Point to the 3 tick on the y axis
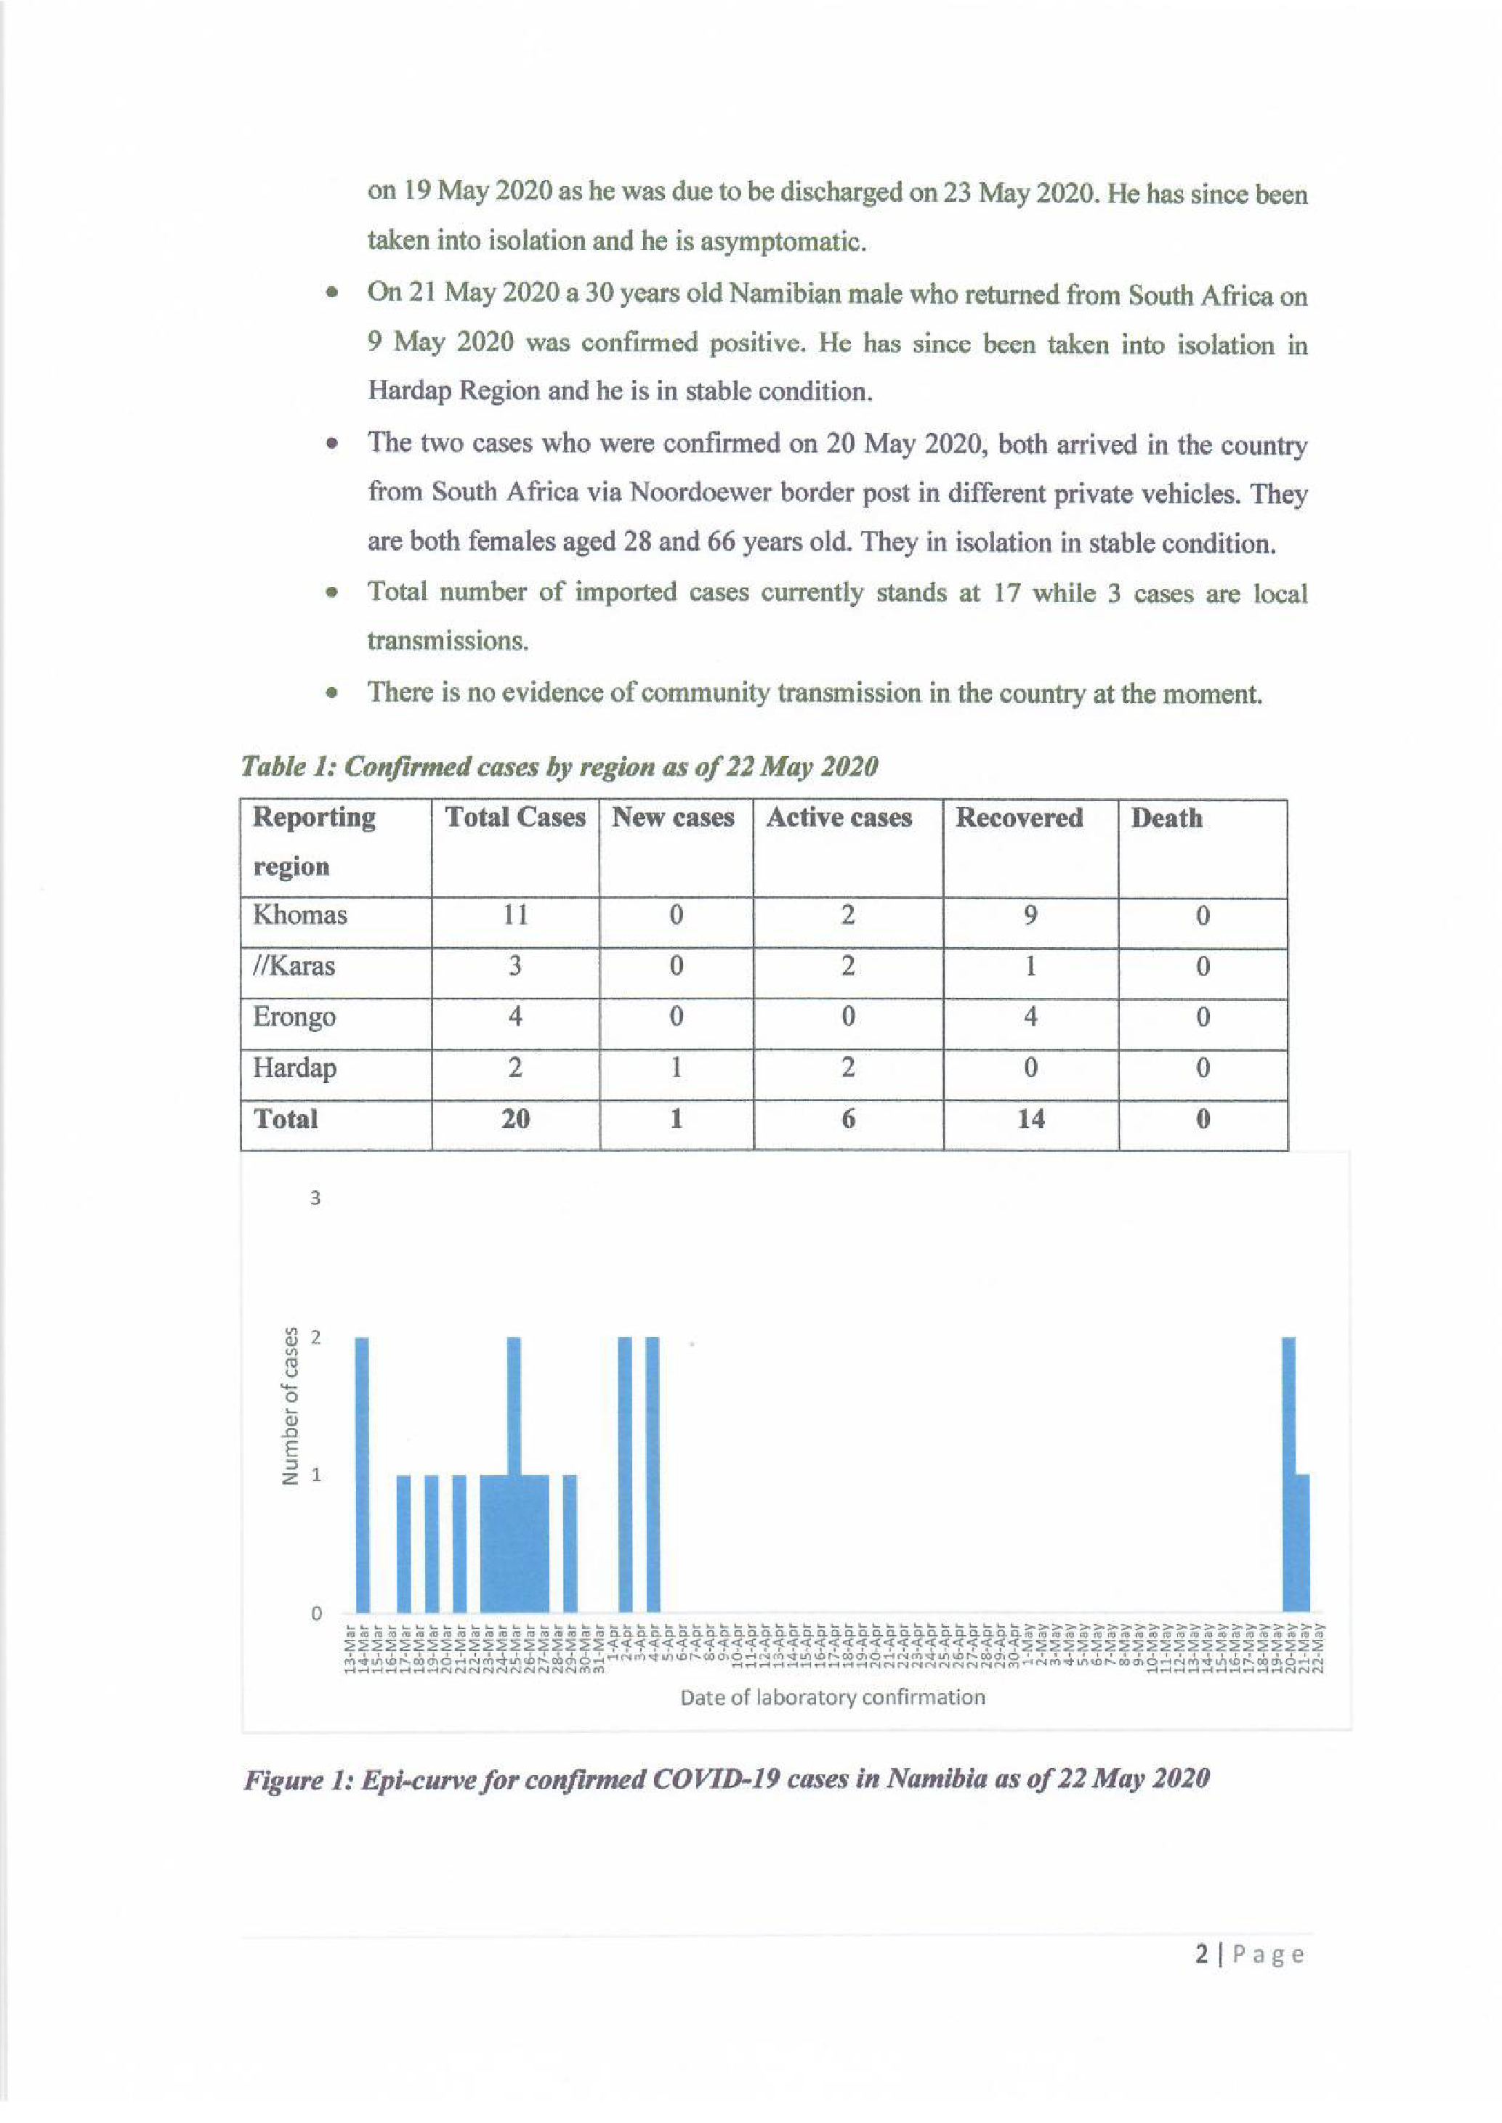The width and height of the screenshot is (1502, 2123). pyautogui.click(x=315, y=1198)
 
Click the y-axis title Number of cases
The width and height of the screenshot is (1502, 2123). pyautogui.click(x=291, y=1405)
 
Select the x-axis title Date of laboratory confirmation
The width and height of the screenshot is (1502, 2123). pyautogui.click(x=833, y=1697)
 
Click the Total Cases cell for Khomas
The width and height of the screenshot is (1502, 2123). pyautogui.click(x=514, y=915)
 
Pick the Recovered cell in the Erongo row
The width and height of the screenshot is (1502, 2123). pyautogui.click(x=1030, y=1017)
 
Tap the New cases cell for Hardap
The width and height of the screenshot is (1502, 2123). pyautogui.click(x=676, y=1068)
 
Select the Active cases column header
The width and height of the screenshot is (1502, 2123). pyautogui.click(x=839, y=817)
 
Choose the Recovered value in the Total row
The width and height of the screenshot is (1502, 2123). pyautogui.click(x=1030, y=1119)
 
